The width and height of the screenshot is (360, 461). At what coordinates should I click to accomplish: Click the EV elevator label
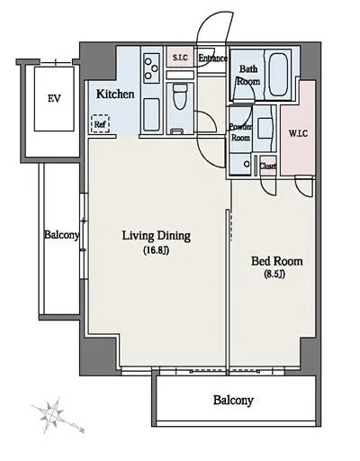[x=54, y=98]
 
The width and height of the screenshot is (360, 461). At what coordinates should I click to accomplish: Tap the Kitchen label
[x=115, y=95]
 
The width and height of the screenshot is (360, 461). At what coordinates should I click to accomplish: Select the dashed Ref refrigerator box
[x=100, y=123]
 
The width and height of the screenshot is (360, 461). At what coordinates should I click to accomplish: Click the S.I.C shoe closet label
[x=180, y=58]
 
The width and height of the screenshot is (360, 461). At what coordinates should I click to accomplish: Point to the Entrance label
[x=213, y=58]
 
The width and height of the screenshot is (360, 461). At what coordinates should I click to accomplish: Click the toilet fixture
[x=180, y=96]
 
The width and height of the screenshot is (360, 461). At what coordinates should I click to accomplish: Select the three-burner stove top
[x=151, y=68]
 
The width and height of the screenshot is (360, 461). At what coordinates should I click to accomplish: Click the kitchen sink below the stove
[x=151, y=115]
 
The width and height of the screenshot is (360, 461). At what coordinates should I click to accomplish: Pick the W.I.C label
[x=298, y=133]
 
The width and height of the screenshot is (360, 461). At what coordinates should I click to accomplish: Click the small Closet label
[x=267, y=166]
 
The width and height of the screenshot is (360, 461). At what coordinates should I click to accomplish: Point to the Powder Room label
[x=240, y=132]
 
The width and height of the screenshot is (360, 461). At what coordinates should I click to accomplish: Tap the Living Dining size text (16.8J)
[x=156, y=250]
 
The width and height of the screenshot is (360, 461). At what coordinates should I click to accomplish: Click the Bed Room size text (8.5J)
[x=274, y=275]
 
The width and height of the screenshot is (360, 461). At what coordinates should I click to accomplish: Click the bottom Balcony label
[x=233, y=401]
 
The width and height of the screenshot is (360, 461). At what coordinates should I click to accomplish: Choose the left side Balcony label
[x=62, y=235]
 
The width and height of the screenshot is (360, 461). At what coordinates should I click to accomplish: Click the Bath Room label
[x=248, y=76]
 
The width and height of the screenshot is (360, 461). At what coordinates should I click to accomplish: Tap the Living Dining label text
[x=157, y=236]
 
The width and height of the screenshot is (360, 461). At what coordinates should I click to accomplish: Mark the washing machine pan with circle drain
[x=240, y=164]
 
